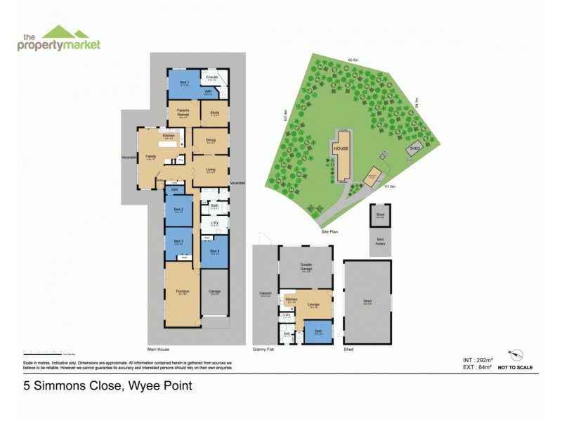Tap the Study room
pos(214,113)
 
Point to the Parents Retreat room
pos(183,113)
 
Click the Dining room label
pos(210,140)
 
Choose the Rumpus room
pos(183,292)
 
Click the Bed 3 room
pos(178,243)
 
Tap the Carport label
pos(265,295)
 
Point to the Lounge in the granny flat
pos(314,305)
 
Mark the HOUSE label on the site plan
pos(341,149)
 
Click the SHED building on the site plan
pos(415,149)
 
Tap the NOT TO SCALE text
pos(515,367)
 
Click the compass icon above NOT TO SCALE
pos(519,354)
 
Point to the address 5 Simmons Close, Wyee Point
pos(107,385)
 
